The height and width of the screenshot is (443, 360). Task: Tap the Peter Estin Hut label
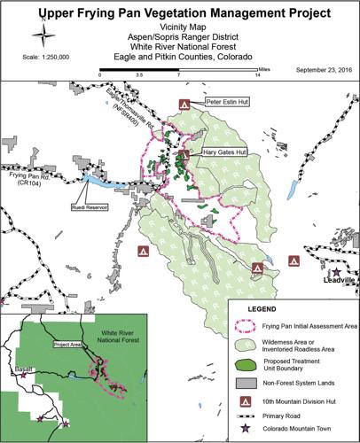tap(224, 103)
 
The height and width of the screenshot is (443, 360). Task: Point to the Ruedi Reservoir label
tap(89, 207)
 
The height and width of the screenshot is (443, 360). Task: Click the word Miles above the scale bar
tap(260, 65)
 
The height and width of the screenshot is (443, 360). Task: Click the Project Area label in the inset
tap(67, 344)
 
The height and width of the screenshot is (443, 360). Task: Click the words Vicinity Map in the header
tap(179, 27)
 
